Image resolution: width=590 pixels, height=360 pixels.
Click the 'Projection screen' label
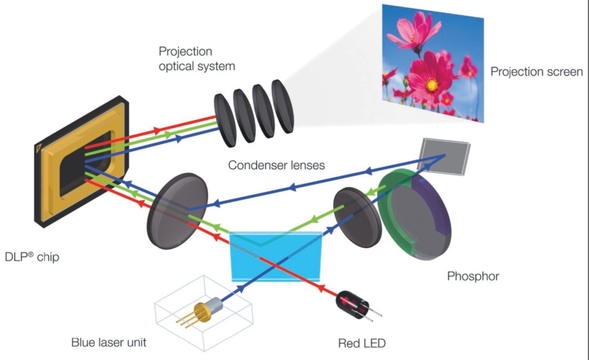(x=536, y=71)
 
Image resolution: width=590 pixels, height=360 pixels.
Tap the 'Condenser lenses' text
(x=277, y=165)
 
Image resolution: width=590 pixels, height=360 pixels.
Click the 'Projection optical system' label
(x=196, y=59)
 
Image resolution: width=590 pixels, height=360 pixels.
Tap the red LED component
(x=352, y=303)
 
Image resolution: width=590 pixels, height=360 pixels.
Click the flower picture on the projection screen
(x=433, y=63)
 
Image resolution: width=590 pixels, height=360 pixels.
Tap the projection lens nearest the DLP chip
(x=224, y=121)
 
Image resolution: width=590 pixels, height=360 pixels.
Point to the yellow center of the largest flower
(x=432, y=84)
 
